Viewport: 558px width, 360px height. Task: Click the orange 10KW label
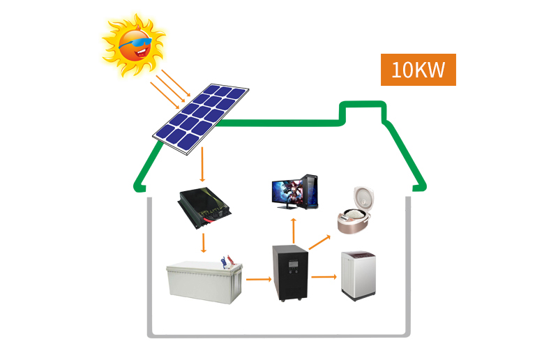(x=418, y=70)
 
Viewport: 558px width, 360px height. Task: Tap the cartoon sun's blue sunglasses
(x=135, y=43)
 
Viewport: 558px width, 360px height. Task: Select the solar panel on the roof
(x=201, y=119)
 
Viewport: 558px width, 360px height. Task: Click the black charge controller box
(x=204, y=208)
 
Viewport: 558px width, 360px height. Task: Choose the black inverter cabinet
(x=290, y=273)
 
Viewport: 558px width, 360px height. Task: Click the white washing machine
(x=359, y=276)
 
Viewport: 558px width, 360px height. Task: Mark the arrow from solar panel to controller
(x=202, y=164)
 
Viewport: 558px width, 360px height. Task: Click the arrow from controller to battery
(x=203, y=243)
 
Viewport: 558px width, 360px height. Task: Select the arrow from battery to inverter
(x=259, y=279)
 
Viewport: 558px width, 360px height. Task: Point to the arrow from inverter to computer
(x=294, y=231)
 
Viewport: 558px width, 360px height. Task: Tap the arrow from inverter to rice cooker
(x=319, y=242)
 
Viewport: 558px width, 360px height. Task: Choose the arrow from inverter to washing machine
(x=324, y=277)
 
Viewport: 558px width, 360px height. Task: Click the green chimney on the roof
(x=363, y=111)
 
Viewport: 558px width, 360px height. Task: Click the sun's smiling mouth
(x=142, y=53)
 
